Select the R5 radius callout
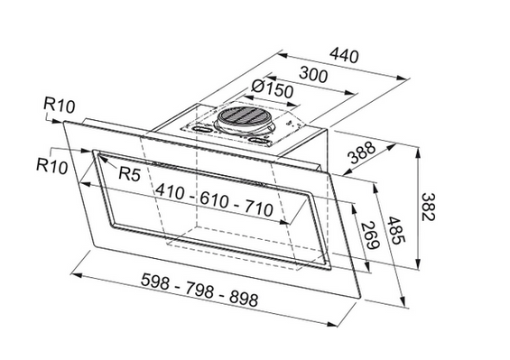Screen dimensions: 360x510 tap(129, 174)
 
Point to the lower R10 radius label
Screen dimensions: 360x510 tap(53, 165)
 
